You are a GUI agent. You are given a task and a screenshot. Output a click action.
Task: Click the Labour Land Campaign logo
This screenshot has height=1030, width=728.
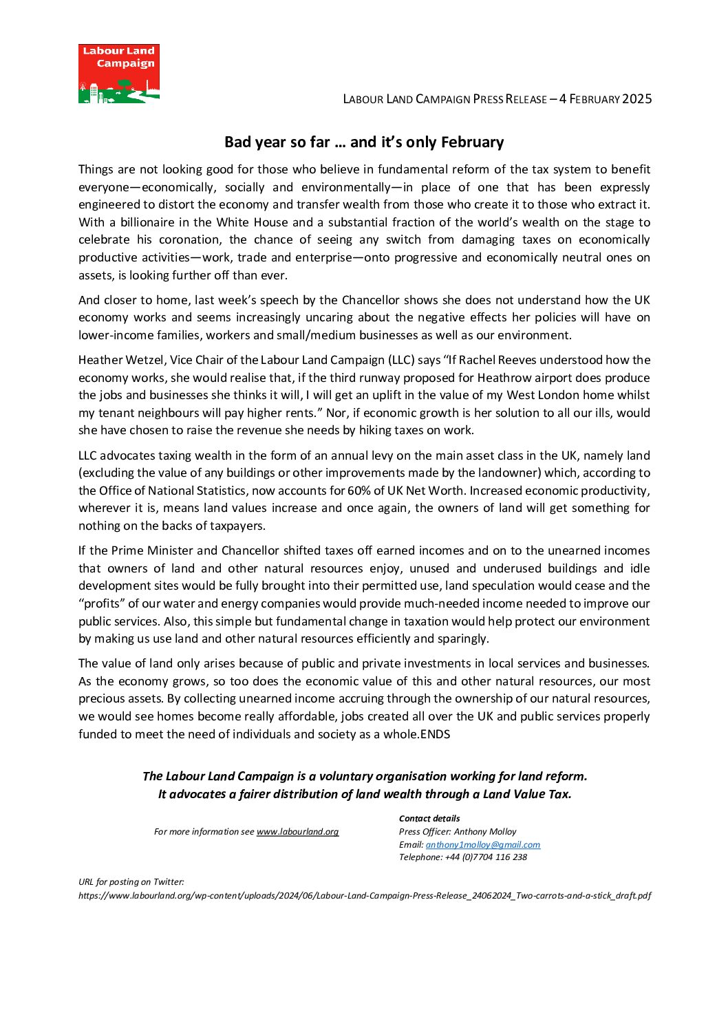[x=119, y=74]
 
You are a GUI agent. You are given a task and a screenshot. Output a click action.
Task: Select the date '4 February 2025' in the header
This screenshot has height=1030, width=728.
[x=606, y=99]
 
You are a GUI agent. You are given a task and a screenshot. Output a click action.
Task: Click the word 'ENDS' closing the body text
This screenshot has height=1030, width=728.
[x=435, y=734]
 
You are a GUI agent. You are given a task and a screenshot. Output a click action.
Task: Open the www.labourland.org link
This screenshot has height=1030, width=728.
[x=297, y=832]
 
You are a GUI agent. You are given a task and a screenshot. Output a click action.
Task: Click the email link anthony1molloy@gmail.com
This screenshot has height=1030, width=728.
[x=482, y=845]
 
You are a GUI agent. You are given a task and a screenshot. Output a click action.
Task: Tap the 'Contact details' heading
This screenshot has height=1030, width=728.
[x=429, y=819]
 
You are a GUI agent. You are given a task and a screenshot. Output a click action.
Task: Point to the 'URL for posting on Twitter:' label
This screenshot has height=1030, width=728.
[x=131, y=882]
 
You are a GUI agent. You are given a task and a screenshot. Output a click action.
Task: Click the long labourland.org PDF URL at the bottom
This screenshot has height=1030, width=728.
[x=365, y=896]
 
